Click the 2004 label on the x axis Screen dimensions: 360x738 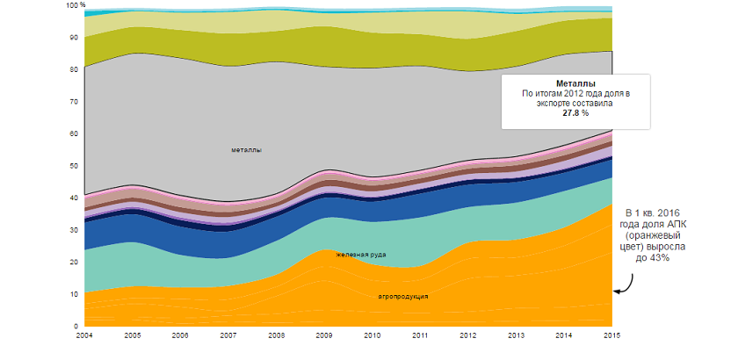pos(84,335)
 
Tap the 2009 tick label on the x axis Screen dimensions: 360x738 pos(324,335)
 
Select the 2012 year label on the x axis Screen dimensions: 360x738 pos(468,335)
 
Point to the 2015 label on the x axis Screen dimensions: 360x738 pos(612,335)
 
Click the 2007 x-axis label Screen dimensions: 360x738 pos(228,335)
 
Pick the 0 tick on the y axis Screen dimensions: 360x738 pos(77,326)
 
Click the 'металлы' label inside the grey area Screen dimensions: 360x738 pos(246,149)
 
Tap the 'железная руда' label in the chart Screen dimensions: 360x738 pos(361,255)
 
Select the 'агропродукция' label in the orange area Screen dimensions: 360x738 pos(403,296)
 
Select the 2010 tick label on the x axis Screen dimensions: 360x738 pos(373,335)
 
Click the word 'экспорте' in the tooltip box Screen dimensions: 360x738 pos(556,103)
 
